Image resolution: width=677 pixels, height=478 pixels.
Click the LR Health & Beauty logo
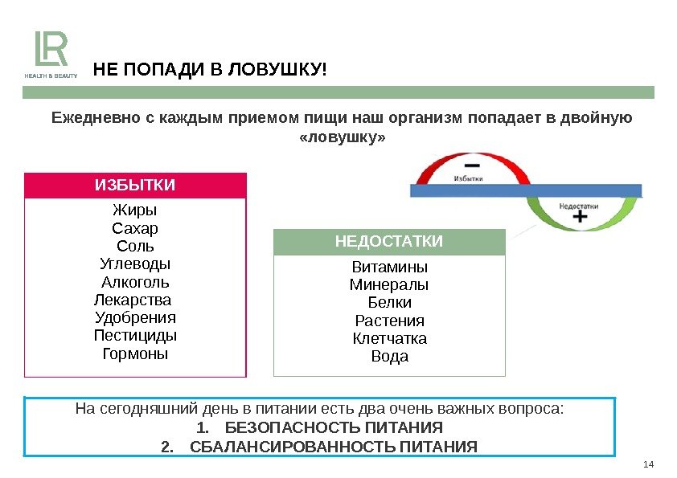pos(55,55)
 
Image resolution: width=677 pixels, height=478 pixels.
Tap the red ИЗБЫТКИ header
pos(135,186)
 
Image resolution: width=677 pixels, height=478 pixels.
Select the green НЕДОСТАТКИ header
pos(389,242)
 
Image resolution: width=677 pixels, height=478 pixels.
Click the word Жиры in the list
pos(135,210)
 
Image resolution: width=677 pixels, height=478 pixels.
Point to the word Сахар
pos(135,228)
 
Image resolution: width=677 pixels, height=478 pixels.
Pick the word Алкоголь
pos(135,282)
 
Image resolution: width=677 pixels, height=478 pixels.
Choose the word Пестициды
pos(135,335)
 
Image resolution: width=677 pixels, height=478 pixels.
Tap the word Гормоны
pos(135,353)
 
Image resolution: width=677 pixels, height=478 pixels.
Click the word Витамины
pos(390,267)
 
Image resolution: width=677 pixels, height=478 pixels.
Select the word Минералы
pos(390,284)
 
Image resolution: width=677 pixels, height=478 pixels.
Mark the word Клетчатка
pos(390,338)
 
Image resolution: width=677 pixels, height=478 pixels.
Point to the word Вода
pos(390,356)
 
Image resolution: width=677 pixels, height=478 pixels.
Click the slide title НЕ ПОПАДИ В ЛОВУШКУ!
pos(211,70)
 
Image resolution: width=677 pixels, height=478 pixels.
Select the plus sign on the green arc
pos(578,217)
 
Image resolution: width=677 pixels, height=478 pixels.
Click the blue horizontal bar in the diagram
pos(526,190)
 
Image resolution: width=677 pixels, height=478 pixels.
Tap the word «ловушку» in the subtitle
pos(342,138)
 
